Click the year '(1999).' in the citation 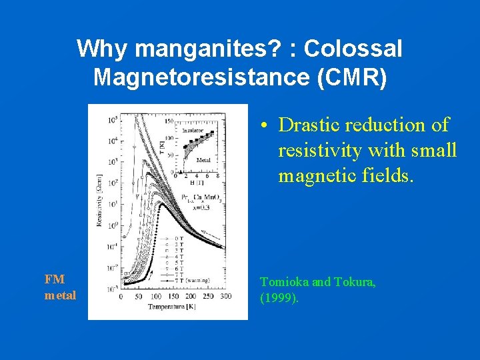tap(279, 298)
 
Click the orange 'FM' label tap(55, 279)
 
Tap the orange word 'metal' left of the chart tap(60, 295)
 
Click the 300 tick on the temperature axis tap(225, 297)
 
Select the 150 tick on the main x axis tap(173, 297)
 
